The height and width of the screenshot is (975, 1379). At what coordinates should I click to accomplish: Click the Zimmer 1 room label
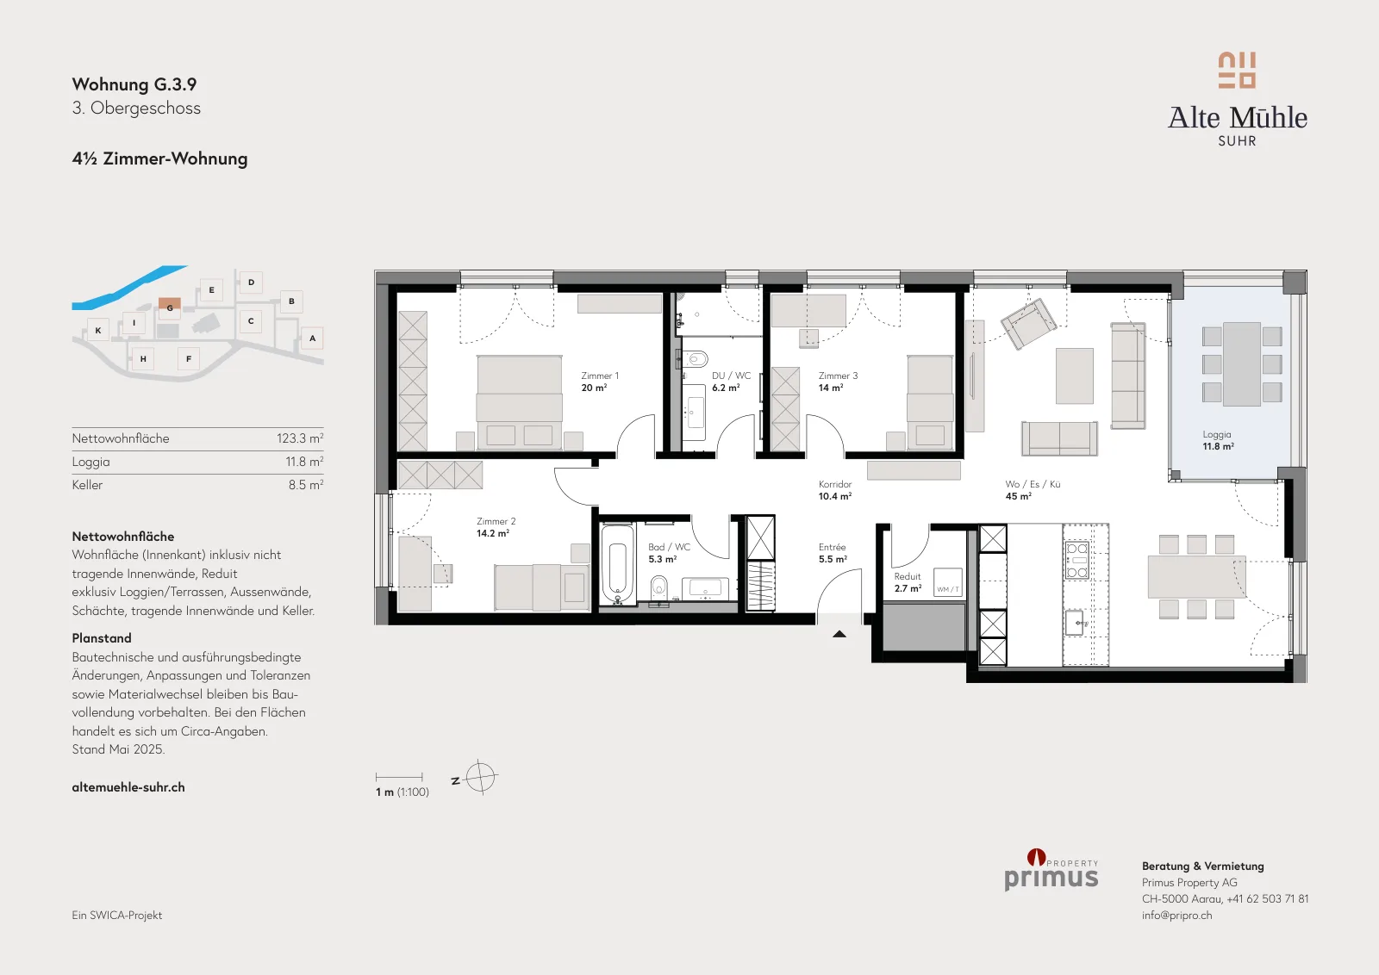(x=600, y=382)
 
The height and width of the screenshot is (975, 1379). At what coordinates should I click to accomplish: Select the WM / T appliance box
(x=947, y=582)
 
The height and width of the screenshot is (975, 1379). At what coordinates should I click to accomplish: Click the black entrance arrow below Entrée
(x=839, y=634)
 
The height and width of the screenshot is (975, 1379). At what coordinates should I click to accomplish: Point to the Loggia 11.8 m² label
(x=1218, y=440)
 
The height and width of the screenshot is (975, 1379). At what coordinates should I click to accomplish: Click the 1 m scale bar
(x=399, y=777)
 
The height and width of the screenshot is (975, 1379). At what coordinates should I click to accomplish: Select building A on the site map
(x=312, y=338)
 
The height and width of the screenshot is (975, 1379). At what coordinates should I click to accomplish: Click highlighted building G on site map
(x=170, y=306)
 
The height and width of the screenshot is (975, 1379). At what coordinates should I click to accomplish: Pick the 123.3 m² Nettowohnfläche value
(x=300, y=438)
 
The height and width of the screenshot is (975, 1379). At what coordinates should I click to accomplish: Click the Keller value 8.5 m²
(x=306, y=485)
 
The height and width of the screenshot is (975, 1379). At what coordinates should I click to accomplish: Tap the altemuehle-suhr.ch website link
(x=128, y=787)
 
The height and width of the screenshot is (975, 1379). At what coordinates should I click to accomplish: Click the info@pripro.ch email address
(x=1176, y=916)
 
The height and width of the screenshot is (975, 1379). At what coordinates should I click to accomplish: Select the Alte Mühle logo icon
(x=1237, y=70)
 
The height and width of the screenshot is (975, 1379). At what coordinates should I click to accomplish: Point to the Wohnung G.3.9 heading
(x=134, y=84)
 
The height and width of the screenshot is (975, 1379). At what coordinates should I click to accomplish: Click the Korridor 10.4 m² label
(x=835, y=490)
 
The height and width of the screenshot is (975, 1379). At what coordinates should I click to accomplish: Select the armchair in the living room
(x=1028, y=324)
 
